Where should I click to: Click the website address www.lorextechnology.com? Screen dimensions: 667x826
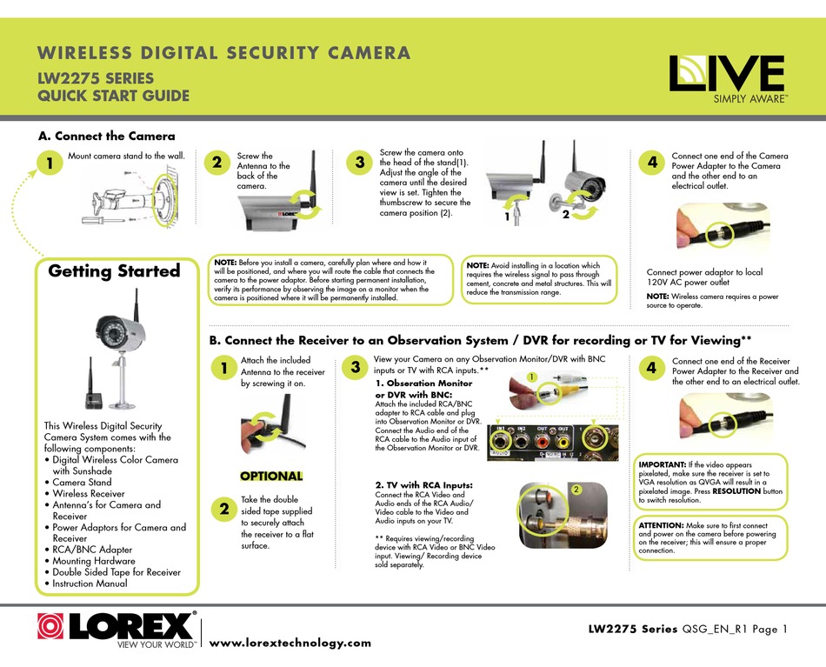tap(290, 643)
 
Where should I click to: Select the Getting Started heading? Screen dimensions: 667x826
tap(114, 270)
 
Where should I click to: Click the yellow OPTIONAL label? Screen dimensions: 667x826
tap(271, 476)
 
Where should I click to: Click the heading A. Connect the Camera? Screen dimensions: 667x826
tap(107, 136)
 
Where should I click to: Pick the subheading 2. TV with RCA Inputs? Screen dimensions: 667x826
tap(423, 484)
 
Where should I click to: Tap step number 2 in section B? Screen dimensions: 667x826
tap(223, 508)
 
